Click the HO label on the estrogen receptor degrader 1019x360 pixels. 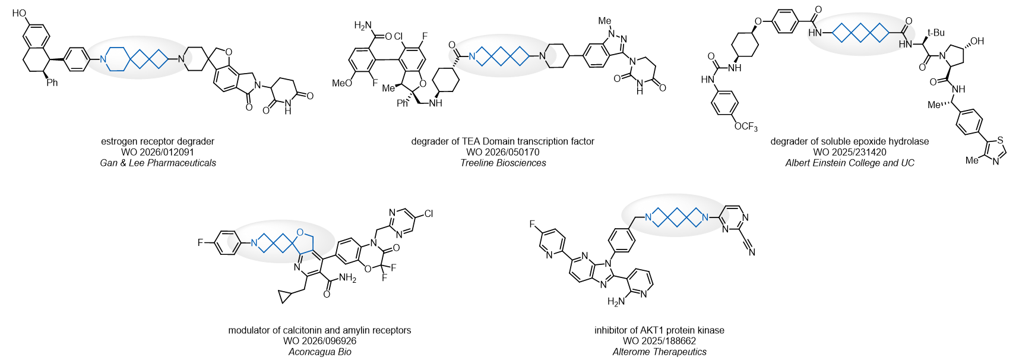pyautogui.click(x=19, y=13)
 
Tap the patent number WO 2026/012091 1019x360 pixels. pyautogui.click(x=157, y=152)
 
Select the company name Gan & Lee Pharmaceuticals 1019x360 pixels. pyautogui.click(x=158, y=163)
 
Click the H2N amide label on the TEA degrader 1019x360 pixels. pyautogui.click(x=363, y=26)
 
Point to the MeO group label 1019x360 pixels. pyautogui.click(x=342, y=83)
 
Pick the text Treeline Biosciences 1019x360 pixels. pyautogui.click(x=503, y=163)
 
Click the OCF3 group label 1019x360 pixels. pyautogui.click(x=746, y=127)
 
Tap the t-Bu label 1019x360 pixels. pyautogui.click(x=936, y=33)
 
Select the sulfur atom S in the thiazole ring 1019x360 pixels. pyautogui.click(x=1001, y=140)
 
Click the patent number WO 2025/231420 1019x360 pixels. pyautogui.click(x=850, y=152)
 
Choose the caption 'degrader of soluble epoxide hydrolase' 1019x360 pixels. pyautogui.click(x=850, y=141)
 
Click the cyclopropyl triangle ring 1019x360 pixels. pyautogui.click(x=286, y=297)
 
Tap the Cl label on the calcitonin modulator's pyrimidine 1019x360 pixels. pyautogui.click(x=428, y=213)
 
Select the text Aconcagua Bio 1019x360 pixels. pyautogui.click(x=320, y=352)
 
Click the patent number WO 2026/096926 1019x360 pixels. pyautogui.click(x=320, y=341)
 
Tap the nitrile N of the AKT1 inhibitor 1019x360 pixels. pyautogui.click(x=752, y=252)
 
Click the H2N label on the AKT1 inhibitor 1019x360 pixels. pyautogui.click(x=616, y=301)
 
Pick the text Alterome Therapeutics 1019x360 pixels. pyautogui.click(x=660, y=352)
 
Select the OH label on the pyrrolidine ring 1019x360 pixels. pyautogui.click(x=977, y=41)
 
